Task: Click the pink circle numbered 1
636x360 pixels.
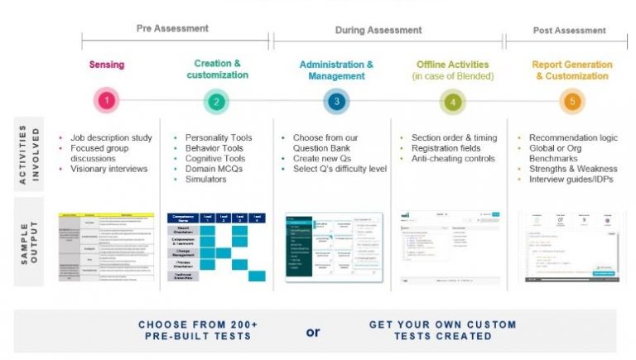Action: [107, 102]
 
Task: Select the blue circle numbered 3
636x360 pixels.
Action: [335, 102]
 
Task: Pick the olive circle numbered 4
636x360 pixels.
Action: [452, 102]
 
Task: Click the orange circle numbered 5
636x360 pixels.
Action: [571, 102]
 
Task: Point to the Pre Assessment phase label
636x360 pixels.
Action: [172, 29]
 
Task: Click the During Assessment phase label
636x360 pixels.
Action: [378, 31]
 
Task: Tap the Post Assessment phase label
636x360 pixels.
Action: [570, 31]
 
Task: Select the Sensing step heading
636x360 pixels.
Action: [107, 64]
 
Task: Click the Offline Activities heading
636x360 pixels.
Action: [451, 64]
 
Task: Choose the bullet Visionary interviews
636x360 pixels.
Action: [108, 168]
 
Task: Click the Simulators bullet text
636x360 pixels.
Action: [207, 179]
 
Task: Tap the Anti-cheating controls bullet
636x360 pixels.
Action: [452, 158]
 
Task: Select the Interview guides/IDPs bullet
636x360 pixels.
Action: [572, 179]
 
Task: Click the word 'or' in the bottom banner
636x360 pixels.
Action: [313, 332]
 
